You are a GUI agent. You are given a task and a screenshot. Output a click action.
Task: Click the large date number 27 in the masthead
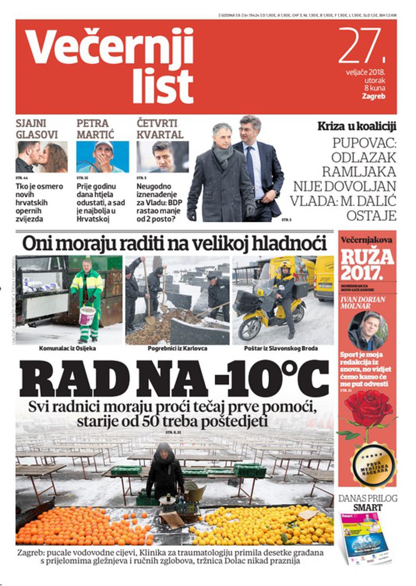(359, 45)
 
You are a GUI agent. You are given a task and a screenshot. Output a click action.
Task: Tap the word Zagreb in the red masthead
(373, 96)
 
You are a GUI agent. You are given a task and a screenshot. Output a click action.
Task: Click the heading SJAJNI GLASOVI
(37, 129)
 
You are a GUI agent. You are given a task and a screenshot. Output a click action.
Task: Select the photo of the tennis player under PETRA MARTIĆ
(103, 157)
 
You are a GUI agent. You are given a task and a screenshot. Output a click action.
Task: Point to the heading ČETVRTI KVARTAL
(159, 129)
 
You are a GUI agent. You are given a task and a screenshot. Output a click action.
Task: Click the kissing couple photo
(42, 157)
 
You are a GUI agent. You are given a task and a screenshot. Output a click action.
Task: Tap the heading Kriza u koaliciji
(357, 126)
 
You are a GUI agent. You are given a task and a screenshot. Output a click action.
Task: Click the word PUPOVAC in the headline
(364, 143)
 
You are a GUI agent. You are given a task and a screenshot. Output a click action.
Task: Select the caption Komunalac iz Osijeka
(67, 348)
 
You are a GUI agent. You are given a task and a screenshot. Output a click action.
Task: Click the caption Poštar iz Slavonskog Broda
(281, 348)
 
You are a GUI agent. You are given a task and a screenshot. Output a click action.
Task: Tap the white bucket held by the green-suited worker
(87, 316)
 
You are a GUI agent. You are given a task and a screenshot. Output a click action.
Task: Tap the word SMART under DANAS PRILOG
(368, 507)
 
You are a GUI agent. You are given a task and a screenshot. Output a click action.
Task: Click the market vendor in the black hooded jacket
(165, 471)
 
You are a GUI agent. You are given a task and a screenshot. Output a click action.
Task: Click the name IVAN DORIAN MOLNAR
(363, 302)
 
